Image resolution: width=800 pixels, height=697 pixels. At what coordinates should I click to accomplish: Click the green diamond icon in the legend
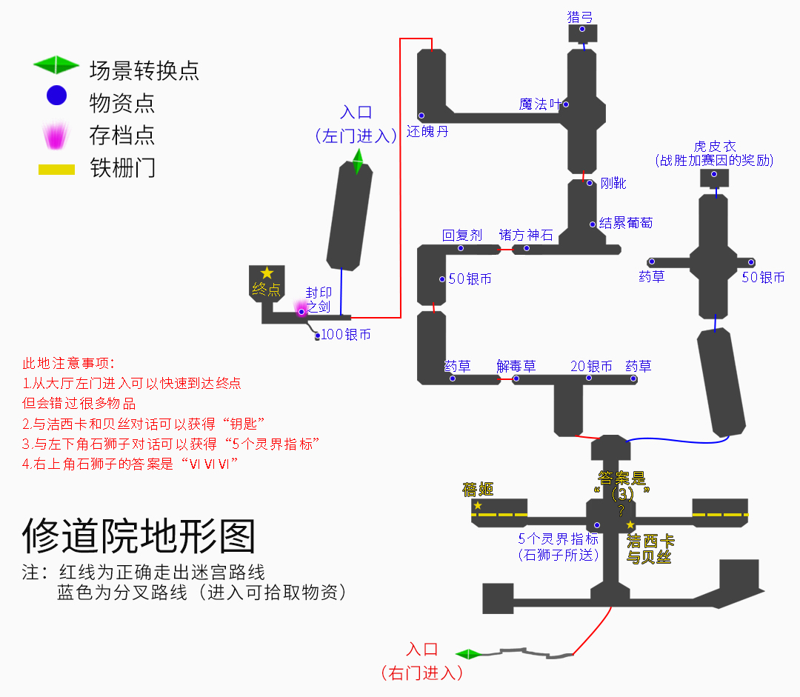click(56, 64)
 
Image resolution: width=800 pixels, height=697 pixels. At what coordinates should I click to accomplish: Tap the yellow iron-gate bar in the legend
click(56, 170)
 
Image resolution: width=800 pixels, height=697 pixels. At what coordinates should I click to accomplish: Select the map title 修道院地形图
click(139, 536)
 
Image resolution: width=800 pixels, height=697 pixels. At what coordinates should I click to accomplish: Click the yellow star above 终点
click(267, 273)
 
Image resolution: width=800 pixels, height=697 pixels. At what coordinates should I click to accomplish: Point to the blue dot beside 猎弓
click(582, 29)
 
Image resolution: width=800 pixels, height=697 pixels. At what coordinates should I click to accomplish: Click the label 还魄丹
click(427, 132)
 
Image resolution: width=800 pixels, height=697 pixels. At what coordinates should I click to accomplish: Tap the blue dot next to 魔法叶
click(566, 104)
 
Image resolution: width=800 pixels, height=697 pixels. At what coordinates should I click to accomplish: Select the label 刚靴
click(613, 183)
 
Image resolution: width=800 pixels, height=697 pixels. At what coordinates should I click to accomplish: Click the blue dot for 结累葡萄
click(593, 224)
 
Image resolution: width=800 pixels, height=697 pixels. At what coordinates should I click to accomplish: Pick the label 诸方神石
click(526, 236)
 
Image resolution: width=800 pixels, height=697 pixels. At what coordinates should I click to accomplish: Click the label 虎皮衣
click(715, 147)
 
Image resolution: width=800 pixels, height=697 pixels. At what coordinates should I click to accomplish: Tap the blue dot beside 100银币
click(317, 336)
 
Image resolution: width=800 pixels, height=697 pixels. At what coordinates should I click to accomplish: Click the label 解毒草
click(516, 367)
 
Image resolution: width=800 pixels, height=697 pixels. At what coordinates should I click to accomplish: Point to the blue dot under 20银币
click(589, 378)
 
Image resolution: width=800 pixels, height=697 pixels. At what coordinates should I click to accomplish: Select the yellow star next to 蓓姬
click(478, 505)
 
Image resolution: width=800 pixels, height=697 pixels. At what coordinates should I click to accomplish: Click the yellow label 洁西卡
click(650, 541)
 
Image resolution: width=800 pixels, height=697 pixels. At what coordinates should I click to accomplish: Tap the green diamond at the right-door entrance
click(468, 654)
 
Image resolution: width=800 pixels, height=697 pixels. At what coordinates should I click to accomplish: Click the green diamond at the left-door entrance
click(359, 161)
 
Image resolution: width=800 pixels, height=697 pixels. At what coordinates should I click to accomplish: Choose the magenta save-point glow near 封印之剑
click(301, 308)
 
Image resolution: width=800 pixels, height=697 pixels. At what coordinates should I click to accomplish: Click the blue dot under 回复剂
click(461, 248)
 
